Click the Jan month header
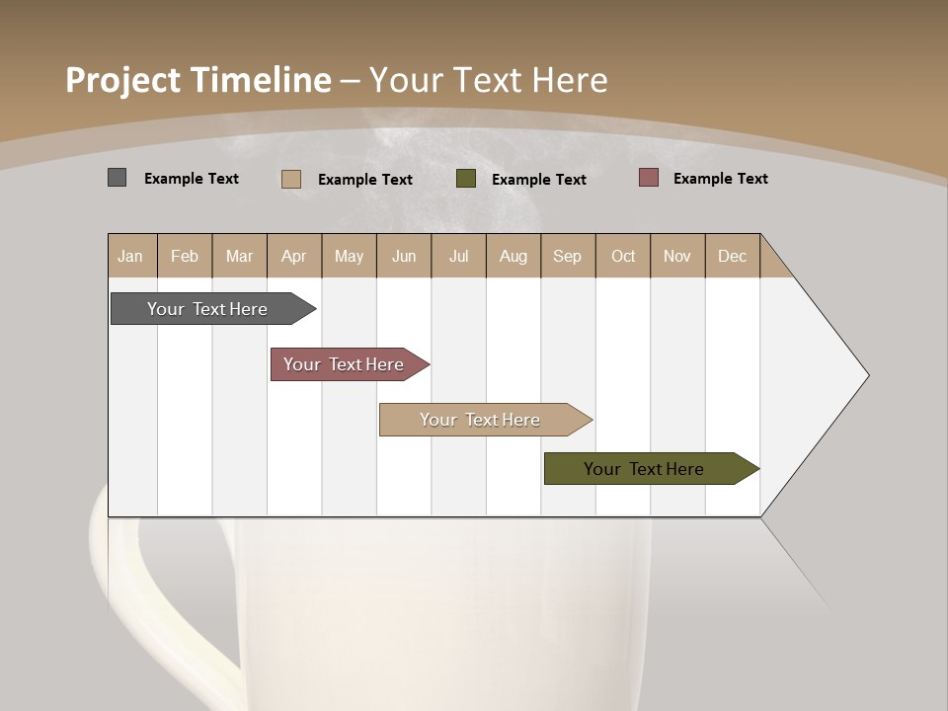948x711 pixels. [130, 256]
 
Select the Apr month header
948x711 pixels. [293, 256]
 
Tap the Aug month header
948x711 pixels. [513, 256]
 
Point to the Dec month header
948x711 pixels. [732, 256]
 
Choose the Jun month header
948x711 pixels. [403, 256]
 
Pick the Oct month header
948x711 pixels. [622, 256]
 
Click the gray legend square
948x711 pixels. [117, 178]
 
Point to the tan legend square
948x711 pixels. [290, 179]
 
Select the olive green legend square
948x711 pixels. [466, 179]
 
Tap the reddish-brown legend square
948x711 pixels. [648, 178]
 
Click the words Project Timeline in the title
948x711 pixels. [197, 80]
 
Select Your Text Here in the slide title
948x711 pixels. [488, 80]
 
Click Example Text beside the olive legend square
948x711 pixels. [538, 180]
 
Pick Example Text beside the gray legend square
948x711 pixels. [191, 179]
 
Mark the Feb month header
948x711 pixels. [185, 256]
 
